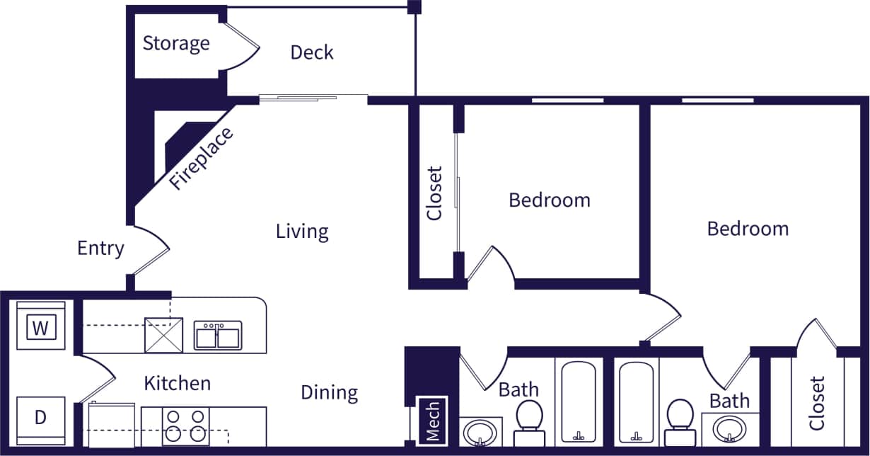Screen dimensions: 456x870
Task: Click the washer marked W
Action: pos(41,328)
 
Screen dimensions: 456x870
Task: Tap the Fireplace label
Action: pos(202,159)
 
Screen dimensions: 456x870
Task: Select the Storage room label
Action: pos(176,43)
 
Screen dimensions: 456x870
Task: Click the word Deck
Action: pos(312,52)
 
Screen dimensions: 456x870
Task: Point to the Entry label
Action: pos(100,249)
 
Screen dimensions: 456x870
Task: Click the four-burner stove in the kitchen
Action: pos(186,426)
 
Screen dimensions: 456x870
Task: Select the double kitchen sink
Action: pos(218,336)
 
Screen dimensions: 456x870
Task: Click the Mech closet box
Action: pos(433,421)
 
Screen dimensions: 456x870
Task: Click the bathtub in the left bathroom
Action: pos(579,402)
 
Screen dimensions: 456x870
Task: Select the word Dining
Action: pos(329,392)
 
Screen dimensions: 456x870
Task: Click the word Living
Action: pos(302,232)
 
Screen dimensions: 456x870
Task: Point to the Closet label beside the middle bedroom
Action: pos(434,193)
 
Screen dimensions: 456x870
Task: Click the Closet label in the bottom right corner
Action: pos(817,404)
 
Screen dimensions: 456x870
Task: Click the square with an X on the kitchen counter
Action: pos(163,335)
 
